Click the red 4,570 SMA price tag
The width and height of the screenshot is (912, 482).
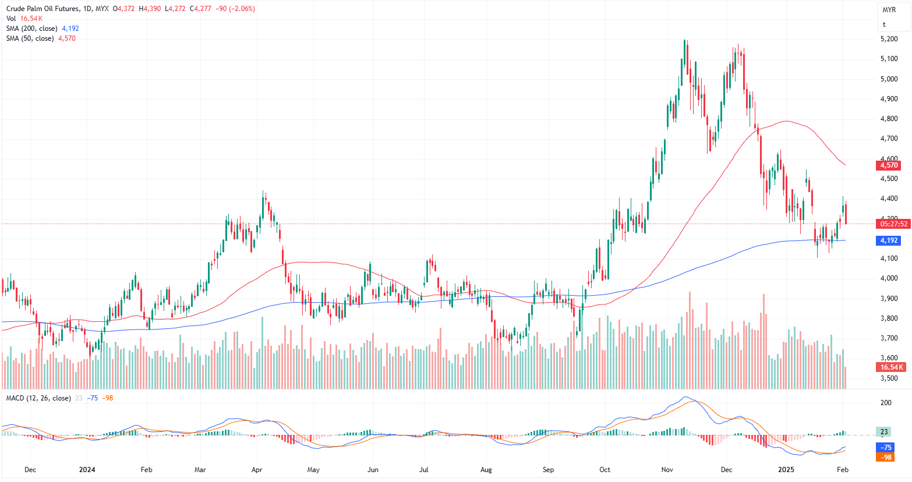click(x=889, y=165)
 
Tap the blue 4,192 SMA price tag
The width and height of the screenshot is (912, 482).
click(x=889, y=240)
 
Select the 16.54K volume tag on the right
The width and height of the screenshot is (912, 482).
click(x=892, y=367)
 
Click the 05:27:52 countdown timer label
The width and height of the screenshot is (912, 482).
click(x=893, y=224)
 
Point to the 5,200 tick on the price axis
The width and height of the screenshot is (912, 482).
click(x=889, y=39)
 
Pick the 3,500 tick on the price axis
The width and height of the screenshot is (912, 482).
click(x=889, y=378)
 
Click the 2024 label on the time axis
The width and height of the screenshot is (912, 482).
click(x=87, y=469)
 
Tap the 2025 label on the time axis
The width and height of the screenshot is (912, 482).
click(x=786, y=469)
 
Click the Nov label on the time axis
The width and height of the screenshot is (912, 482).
click(x=667, y=469)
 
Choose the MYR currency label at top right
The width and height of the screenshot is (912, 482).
click(x=889, y=10)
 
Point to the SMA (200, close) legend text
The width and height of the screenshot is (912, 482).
click(x=31, y=29)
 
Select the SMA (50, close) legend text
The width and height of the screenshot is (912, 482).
click(x=30, y=38)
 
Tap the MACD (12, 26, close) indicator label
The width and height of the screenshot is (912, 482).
click(x=38, y=398)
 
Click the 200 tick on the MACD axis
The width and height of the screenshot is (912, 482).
click(x=886, y=403)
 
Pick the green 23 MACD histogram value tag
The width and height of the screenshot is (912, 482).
click(x=884, y=432)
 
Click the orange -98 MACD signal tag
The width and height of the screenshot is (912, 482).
click(x=886, y=458)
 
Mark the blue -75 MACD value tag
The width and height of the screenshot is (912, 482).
click(x=886, y=448)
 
